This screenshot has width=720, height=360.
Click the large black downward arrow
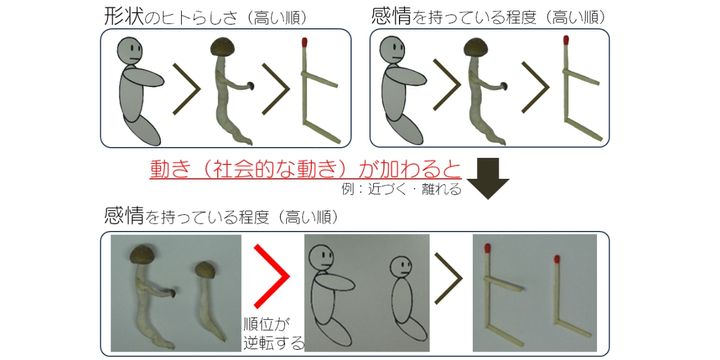[x=490, y=178]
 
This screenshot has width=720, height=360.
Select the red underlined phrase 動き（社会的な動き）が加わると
[x=305, y=170]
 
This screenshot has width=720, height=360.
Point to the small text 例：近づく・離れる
[x=402, y=189]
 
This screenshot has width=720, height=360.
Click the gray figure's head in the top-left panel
[x=130, y=52]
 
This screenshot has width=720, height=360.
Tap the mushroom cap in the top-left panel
[x=223, y=46]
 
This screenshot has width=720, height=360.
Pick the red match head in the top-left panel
[x=304, y=43]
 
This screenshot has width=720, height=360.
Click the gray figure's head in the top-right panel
[x=394, y=50]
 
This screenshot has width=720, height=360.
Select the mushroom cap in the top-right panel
[x=476, y=47]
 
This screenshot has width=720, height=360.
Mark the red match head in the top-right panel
[x=566, y=40]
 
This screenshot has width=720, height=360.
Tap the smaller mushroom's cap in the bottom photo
[x=205, y=270]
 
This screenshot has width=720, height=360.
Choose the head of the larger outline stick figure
[x=321, y=259]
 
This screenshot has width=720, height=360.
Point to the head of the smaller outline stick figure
[x=401, y=266]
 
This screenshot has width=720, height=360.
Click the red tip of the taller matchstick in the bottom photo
[x=488, y=249]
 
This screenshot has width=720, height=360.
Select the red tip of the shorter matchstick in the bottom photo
[x=557, y=260]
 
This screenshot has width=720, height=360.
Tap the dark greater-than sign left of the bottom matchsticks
[x=448, y=278]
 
